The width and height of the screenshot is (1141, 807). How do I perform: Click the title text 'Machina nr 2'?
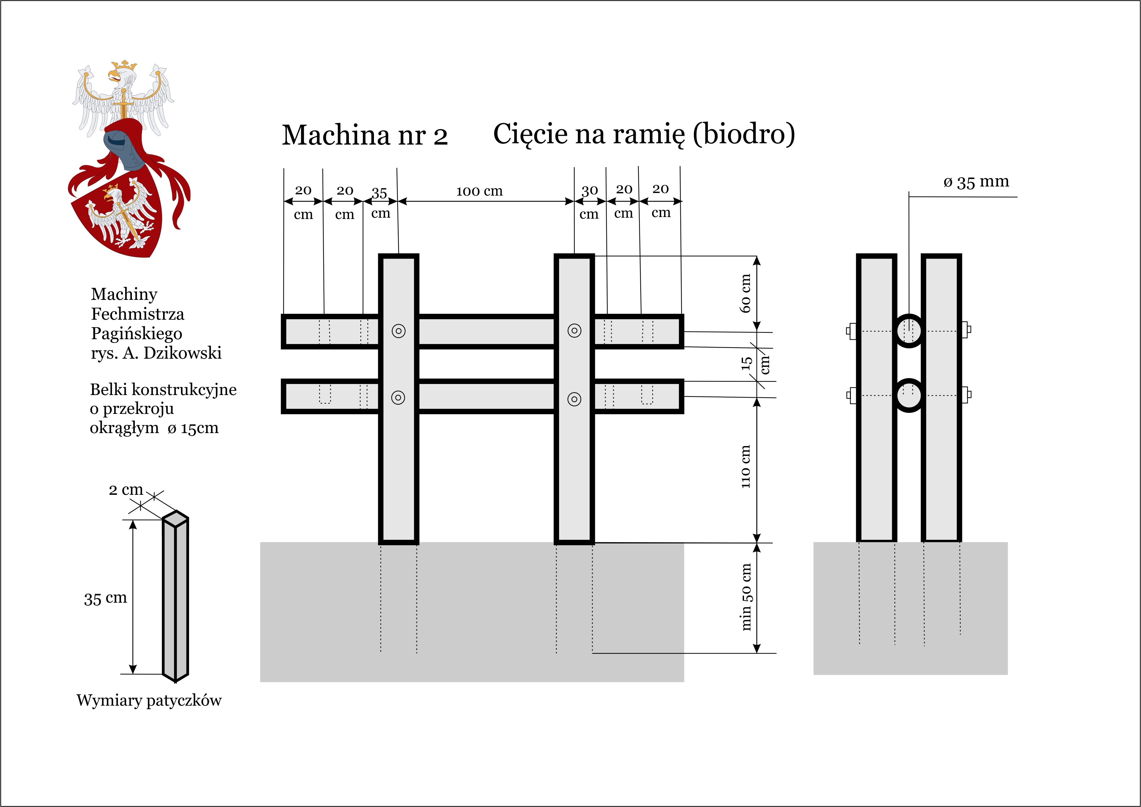click(365, 135)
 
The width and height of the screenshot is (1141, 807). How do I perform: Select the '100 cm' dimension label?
click(480, 191)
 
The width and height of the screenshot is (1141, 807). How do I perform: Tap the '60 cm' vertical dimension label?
click(745, 293)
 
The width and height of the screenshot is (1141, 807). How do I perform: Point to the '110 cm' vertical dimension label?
click(745, 467)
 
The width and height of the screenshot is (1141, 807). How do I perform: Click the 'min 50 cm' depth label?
click(746, 597)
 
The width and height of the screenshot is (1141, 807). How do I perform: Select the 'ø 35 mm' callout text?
click(976, 182)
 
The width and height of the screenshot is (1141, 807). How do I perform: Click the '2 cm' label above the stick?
click(126, 490)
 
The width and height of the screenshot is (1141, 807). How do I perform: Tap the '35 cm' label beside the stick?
click(105, 598)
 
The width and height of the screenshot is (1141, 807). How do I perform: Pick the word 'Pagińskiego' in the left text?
click(137, 333)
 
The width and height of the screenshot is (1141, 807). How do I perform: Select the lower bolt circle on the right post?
click(574, 399)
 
